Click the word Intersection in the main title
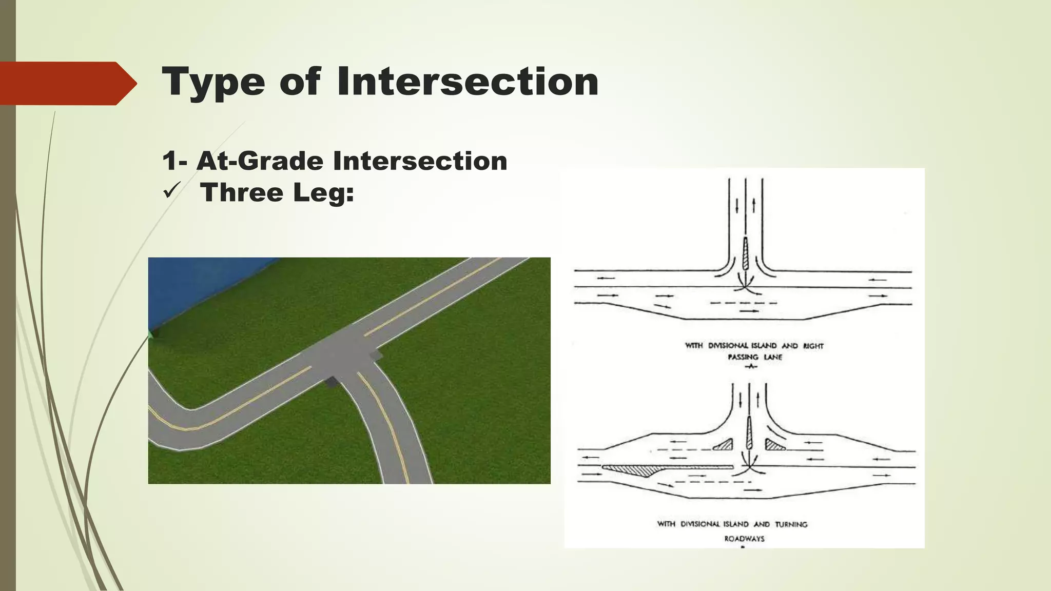tap(468, 82)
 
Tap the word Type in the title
tap(213, 83)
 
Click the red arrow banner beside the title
tap(67, 83)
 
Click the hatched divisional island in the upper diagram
tap(746, 255)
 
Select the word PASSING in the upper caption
tap(743, 357)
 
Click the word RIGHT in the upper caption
tap(813, 346)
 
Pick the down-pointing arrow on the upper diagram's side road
tap(737, 206)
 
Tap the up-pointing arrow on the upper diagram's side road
tap(754, 205)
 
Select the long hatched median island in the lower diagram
tap(662, 469)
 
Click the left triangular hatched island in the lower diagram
tap(724, 445)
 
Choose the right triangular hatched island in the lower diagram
tap(774, 445)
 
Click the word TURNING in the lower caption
tap(791, 524)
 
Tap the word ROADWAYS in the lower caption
tap(744, 539)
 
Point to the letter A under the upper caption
tap(751, 366)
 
